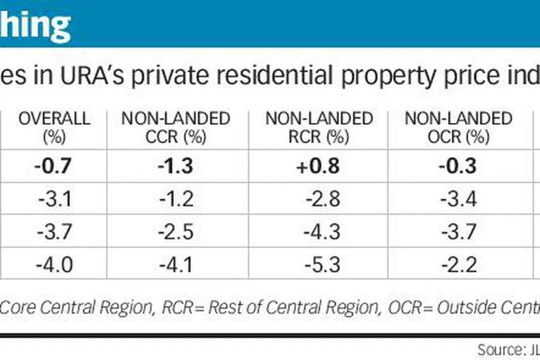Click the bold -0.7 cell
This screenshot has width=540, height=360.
coord(53,166)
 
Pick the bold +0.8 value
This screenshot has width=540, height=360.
coord(318,166)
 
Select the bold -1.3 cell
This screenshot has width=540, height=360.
coord(176,166)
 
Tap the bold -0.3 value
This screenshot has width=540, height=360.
coord(458,166)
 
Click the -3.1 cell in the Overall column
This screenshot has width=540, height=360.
coord(54,199)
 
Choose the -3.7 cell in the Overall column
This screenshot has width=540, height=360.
coord(54,232)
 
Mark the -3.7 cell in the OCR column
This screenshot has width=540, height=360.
coord(458,232)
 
